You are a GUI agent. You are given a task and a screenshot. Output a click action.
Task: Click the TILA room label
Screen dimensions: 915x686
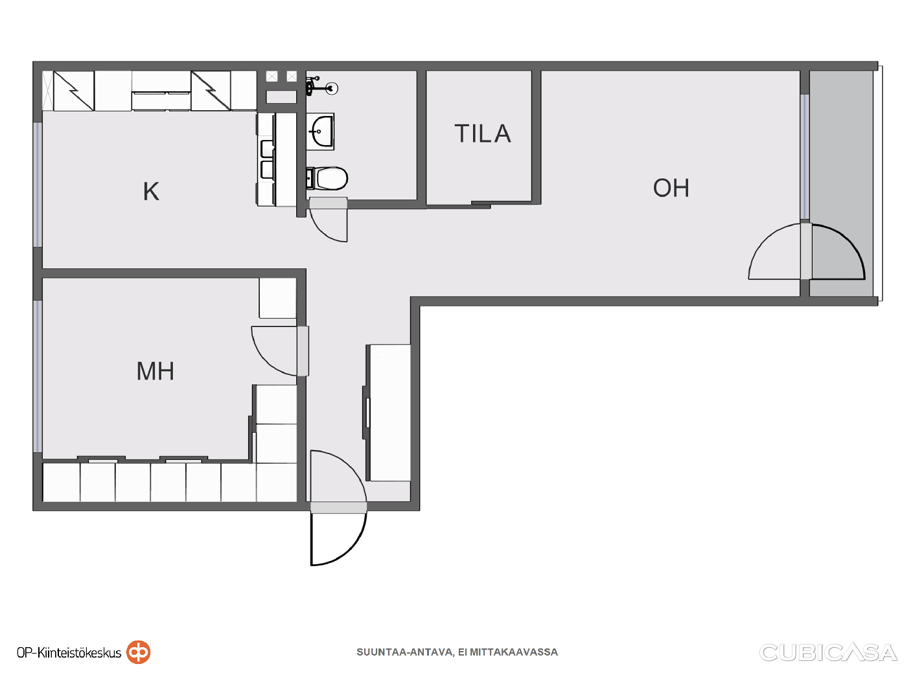(x=482, y=133)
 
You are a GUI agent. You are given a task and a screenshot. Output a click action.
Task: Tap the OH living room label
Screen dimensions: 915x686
(x=671, y=188)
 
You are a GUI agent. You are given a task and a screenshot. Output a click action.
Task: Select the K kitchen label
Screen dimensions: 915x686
(x=151, y=192)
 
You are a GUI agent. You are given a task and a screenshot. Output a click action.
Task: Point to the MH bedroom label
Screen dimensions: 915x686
(x=155, y=371)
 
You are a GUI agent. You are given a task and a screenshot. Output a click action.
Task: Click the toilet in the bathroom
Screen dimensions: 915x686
(x=327, y=178)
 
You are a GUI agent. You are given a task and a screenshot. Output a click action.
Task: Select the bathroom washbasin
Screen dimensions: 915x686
(x=320, y=131)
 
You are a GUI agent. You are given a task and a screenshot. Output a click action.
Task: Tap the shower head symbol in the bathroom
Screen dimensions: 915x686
(x=332, y=88)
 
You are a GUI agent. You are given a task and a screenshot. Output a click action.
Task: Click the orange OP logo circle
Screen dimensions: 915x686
(x=139, y=652)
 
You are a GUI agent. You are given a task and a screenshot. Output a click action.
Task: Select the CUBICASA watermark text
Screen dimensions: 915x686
(x=828, y=652)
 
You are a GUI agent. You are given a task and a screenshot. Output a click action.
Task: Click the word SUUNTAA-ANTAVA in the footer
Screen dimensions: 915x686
(x=404, y=652)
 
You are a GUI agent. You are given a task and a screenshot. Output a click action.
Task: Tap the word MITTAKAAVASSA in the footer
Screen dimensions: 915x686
(x=514, y=652)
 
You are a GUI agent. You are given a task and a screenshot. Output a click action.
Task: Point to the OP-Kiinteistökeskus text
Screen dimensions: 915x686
(x=69, y=653)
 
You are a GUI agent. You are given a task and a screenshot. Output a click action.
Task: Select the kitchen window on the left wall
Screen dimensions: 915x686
(x=38, y=185)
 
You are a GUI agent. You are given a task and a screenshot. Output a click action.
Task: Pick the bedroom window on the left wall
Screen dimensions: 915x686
(x=38, y=376)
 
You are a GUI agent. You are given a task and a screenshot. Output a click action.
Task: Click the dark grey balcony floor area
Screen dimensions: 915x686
(x=841, y=184)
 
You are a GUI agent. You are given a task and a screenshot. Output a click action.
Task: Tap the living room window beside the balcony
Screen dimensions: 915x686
(x=805, y=157)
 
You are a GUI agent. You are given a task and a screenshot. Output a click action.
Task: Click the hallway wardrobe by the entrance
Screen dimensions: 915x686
(x=389, y=413)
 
